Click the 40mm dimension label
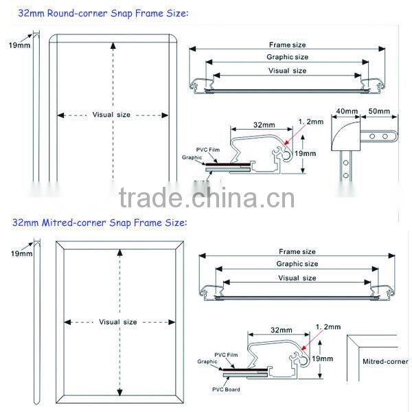coord(347,111)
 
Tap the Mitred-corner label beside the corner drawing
coord(384,361)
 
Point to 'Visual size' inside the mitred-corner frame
coord(118,321)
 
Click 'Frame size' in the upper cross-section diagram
coord(287,45)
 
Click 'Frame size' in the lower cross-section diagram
coord(297,252)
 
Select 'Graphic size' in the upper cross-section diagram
coord(287,57)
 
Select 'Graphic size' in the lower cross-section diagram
coord(297,264)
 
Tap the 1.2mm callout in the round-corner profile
coord(310,122)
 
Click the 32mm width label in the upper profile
coord(260,125)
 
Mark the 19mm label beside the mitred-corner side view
coord(21,254)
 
